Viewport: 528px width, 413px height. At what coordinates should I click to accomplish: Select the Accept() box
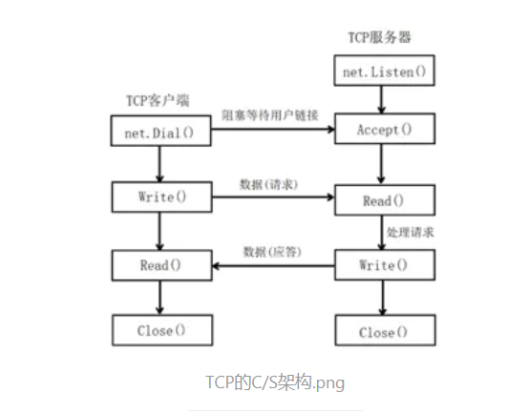point(383,129)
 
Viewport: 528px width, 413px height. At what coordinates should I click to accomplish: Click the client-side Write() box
point(158,196)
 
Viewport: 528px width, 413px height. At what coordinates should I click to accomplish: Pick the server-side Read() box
point(383,200)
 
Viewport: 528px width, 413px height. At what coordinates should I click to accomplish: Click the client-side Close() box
point(158,330)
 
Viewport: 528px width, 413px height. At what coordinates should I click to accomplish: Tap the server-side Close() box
point(383,332)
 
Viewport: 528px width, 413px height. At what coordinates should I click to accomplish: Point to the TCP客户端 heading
point(158,99)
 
